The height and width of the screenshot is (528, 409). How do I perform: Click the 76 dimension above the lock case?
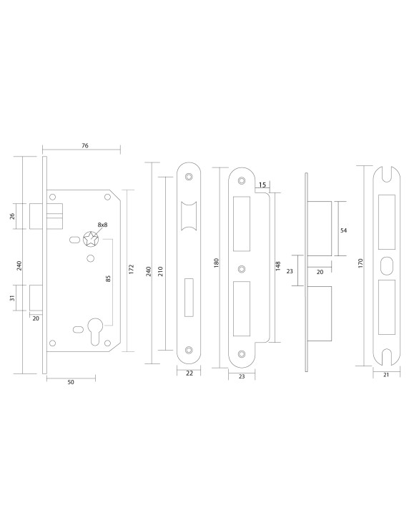coord(84,145)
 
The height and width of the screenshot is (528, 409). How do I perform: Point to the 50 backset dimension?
coord(71,382)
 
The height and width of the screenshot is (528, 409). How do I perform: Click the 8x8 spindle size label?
coord(102,225)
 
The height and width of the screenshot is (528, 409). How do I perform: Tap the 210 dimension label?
coord(160,271)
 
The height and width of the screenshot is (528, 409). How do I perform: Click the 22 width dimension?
coord(189,373)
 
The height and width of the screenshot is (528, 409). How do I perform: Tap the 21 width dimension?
coord(386,373)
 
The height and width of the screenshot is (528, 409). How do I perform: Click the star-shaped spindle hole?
coord(91,238)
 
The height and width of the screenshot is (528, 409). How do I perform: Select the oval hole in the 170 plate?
coord(386,263)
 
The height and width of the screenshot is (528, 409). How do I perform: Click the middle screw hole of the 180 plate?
coord(242,269)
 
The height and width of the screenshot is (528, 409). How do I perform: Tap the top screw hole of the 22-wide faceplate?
coord(189,177)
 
